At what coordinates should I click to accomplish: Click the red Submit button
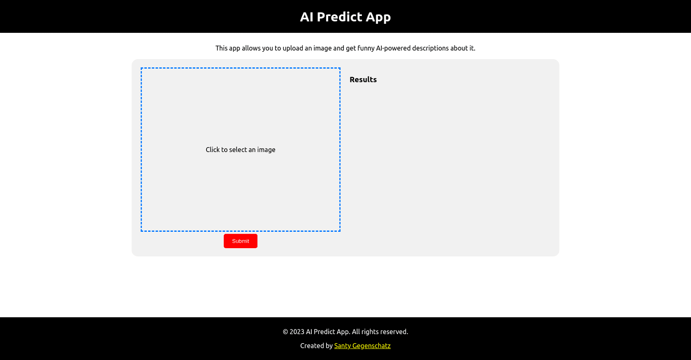[240, 241]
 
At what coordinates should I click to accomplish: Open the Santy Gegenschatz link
[362, 345]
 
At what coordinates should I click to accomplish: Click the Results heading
[363, 79]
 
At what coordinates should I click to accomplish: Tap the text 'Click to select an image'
[240, 149]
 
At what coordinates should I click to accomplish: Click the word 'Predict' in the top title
[339, 17]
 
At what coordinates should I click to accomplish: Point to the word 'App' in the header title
[378, 17]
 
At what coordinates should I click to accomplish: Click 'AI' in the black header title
[307, 17]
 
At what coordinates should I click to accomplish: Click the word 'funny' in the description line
[366, 48]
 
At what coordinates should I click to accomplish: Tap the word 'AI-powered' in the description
[393, 48]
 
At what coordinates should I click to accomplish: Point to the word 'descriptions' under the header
[430, 48]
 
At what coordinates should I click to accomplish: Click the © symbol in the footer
[285, 332]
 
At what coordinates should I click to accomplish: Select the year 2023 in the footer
[297, 332]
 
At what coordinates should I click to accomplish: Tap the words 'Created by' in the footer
[316, 345]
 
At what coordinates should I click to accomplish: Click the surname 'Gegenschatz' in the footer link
[371, 345]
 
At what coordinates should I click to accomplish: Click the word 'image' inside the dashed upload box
[266, 149]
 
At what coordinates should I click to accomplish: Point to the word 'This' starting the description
[222, 48]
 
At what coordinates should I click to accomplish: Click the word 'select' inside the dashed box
[238, 149]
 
